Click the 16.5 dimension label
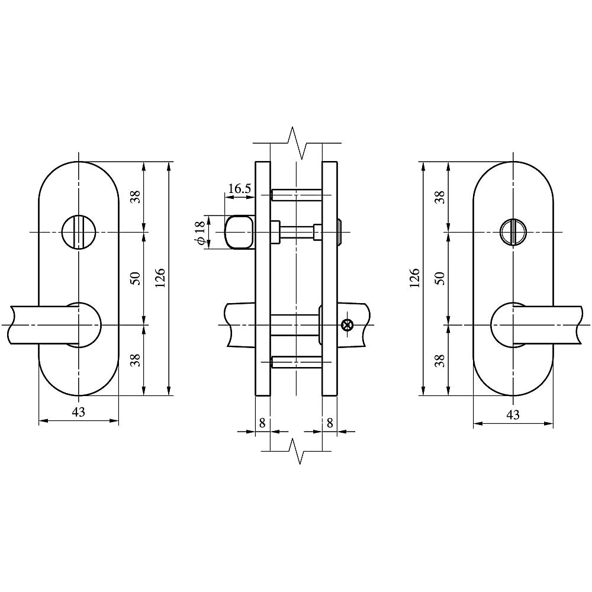239,189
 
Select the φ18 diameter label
200,232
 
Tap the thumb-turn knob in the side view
239,232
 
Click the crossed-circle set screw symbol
348,324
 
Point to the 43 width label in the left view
78,412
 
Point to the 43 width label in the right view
513,415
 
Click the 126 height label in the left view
159,278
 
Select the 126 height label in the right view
414,278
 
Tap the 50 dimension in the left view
135,278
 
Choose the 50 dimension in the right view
439,278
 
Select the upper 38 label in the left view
135,197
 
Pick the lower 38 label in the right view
439,360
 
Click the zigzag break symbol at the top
296,143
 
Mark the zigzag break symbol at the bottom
296,451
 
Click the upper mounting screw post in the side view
295,195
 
